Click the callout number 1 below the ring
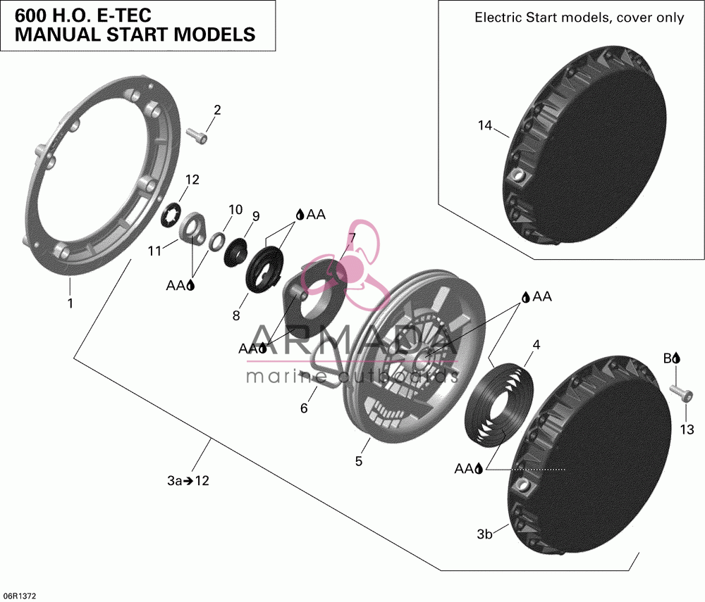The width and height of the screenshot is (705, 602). (70, 303)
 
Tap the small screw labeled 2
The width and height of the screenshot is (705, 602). (197, 136)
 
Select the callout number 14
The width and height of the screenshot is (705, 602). (485, 126)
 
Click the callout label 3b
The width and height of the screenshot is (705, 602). (485, 534)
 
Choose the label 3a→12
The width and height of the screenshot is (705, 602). (188, 481)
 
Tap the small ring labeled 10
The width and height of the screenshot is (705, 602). (217, 239)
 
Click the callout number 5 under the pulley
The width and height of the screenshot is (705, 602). (358, 461)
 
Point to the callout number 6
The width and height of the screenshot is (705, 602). (304, 408)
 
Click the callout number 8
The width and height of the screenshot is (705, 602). (236, 315)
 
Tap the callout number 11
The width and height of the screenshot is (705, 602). (154, 251)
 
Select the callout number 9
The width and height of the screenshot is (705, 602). (256, 216)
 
